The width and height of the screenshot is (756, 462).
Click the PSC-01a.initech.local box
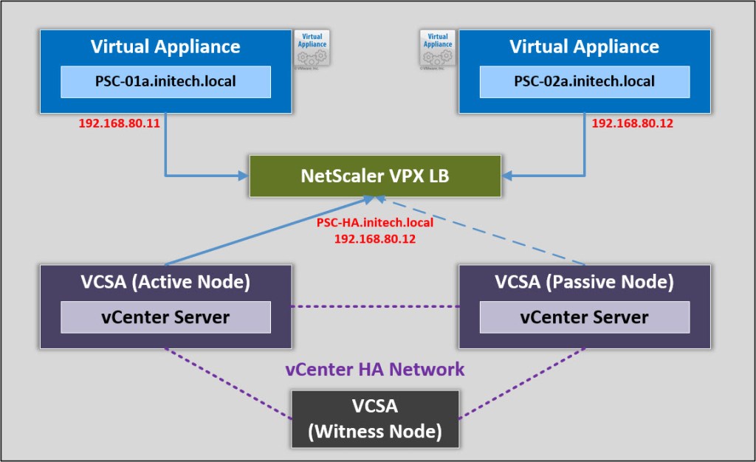(165, 81)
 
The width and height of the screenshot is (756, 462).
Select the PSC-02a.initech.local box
(585, 81)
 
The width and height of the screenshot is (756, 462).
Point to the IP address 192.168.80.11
(119, 123)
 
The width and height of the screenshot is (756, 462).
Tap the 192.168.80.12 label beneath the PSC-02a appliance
(632, 123)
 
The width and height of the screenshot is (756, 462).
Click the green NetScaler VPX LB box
(375, 176)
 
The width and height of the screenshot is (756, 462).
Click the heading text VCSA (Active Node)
(165, 282)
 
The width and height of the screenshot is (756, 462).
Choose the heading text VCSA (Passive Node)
(585, 282)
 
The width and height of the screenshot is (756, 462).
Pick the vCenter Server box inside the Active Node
(165, 317)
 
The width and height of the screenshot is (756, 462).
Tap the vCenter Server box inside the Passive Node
(585, 317)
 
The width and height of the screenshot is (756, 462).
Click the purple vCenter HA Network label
(375, 369)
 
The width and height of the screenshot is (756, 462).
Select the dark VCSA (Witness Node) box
(375, 418)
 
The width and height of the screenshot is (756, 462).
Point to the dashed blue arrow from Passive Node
(487, 232)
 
